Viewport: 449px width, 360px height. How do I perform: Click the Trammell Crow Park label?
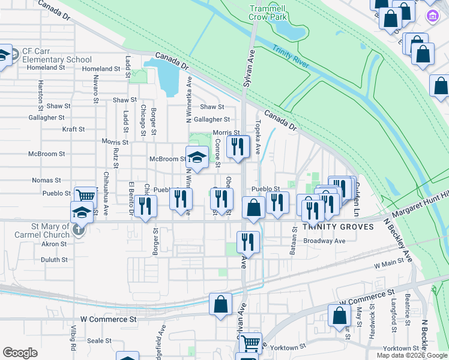(268, 13)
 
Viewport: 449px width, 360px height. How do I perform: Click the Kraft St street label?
(73, 129)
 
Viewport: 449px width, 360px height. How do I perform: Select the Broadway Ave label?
(325, 241)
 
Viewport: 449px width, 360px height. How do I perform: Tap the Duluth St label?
(54, 260)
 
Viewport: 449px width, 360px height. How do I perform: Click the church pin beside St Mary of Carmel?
(78, 230)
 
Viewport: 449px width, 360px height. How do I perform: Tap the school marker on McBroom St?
(196, 157)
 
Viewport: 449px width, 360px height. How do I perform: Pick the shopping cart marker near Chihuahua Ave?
(85, 195)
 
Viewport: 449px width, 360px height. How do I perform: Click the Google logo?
(20, 353)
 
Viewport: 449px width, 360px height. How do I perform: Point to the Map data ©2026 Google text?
(411, 355)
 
